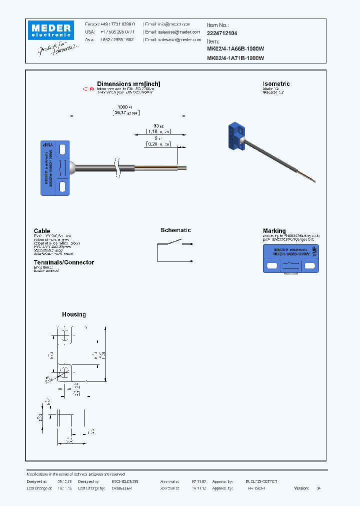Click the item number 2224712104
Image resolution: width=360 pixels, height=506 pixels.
tap(222, 32)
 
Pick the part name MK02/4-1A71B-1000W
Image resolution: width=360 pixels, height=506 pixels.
tap(235, 58)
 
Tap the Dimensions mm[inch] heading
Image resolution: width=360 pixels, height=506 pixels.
tap(128, 84)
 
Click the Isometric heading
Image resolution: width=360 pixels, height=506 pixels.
tap(276, 84)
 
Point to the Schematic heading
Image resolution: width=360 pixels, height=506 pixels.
tap(175, 230)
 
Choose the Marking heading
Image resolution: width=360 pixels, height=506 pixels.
tap(274, 231)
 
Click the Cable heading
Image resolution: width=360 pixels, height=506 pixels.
tap(42, 231)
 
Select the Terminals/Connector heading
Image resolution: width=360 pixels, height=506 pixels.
tap(63, 262)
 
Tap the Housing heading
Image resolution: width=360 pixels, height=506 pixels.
tap(74, 314)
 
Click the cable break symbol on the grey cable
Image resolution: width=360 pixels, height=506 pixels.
tap(118, 167)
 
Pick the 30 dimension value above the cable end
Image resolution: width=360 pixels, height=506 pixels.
tap(155, 125)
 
